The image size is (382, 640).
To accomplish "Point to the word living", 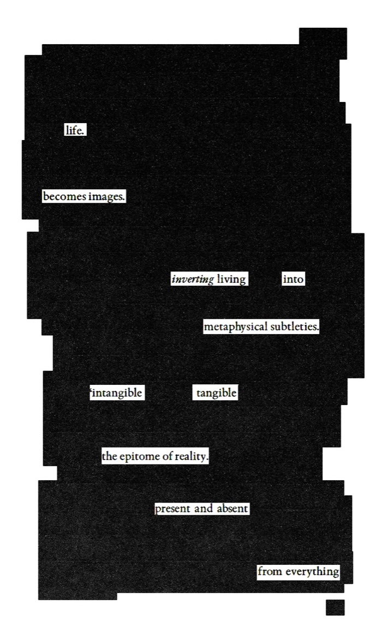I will (x=231, y=280).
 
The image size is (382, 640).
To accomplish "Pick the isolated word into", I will (x=293, y=280).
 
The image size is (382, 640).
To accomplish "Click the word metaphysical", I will (x=236, y=328).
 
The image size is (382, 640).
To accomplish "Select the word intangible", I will (x=117, y=393).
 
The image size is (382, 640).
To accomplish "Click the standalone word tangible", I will (x=216, y=393).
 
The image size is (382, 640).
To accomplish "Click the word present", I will (x=173, y=509).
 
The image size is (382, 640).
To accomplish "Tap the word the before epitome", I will (x=110, y=457).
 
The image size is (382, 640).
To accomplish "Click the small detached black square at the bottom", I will (x=335, y=607).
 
